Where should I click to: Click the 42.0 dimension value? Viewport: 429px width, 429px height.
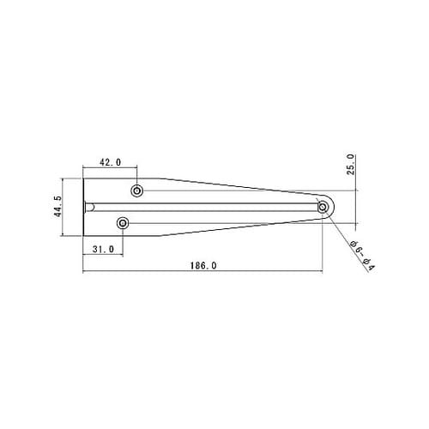(110, 162)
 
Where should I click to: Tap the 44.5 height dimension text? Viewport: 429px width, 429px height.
(57, 206)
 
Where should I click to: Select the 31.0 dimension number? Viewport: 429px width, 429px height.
(103, 250)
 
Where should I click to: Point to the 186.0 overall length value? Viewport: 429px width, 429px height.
(203, 266)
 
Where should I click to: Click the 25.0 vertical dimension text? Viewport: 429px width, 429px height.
(351, 165)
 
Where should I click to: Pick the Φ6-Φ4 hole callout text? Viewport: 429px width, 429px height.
(362, 256)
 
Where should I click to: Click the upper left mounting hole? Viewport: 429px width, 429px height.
(137, 190)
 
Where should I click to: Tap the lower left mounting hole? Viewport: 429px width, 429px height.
(123, 223)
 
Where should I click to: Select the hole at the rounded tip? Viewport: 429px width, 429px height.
(323, 207)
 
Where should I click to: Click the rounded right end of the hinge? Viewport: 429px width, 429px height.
(334, 207)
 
